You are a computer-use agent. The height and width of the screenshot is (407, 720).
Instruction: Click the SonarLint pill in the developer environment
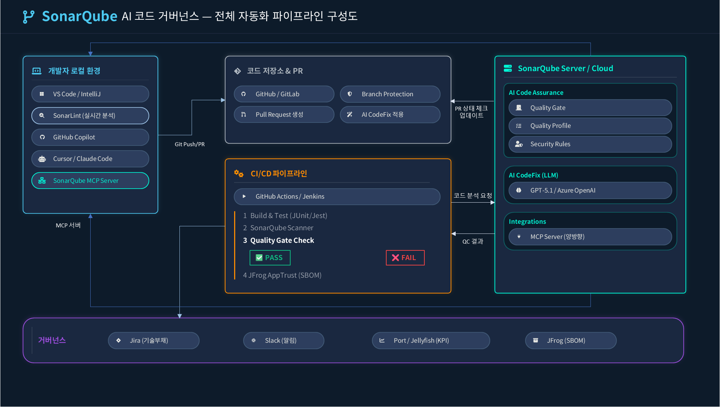coord(90,116)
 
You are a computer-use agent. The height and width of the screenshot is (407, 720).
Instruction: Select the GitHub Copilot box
coord(90,137)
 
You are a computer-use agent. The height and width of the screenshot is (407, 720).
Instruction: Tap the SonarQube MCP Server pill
coord(90,181)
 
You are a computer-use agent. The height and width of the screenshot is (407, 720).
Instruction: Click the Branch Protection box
coord(390,94)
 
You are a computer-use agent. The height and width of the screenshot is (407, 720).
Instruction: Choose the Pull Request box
coord(284,115)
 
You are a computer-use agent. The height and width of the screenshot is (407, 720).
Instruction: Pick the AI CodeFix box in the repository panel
coord(390,115)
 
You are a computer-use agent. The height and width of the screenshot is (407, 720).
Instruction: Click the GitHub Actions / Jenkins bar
coord(337,196)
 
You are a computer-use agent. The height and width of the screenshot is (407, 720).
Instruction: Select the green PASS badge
coord(270,258)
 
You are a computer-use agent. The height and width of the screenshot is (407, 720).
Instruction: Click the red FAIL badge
coord(405,258)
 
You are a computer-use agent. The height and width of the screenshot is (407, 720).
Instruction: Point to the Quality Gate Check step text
coord(282,240)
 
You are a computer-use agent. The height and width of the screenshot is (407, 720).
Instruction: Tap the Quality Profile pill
coord(590,126)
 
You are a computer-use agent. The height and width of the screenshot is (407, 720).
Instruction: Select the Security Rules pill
coord(590,144)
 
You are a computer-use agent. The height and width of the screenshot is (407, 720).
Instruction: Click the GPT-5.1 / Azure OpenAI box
coord(590,190)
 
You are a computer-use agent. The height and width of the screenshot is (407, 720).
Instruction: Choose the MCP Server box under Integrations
coord(590,237)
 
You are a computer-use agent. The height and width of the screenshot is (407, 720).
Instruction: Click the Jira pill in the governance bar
coord(154,341)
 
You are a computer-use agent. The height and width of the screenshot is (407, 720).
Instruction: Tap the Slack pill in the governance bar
coord(283,341)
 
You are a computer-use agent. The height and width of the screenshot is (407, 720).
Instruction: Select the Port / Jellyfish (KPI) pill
coord(430,341)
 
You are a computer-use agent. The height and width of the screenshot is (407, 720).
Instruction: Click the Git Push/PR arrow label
coord(190,144)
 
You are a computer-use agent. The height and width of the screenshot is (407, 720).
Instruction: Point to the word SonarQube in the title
coord(79,16)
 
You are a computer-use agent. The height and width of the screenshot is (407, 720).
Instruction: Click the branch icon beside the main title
coord(28,17)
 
